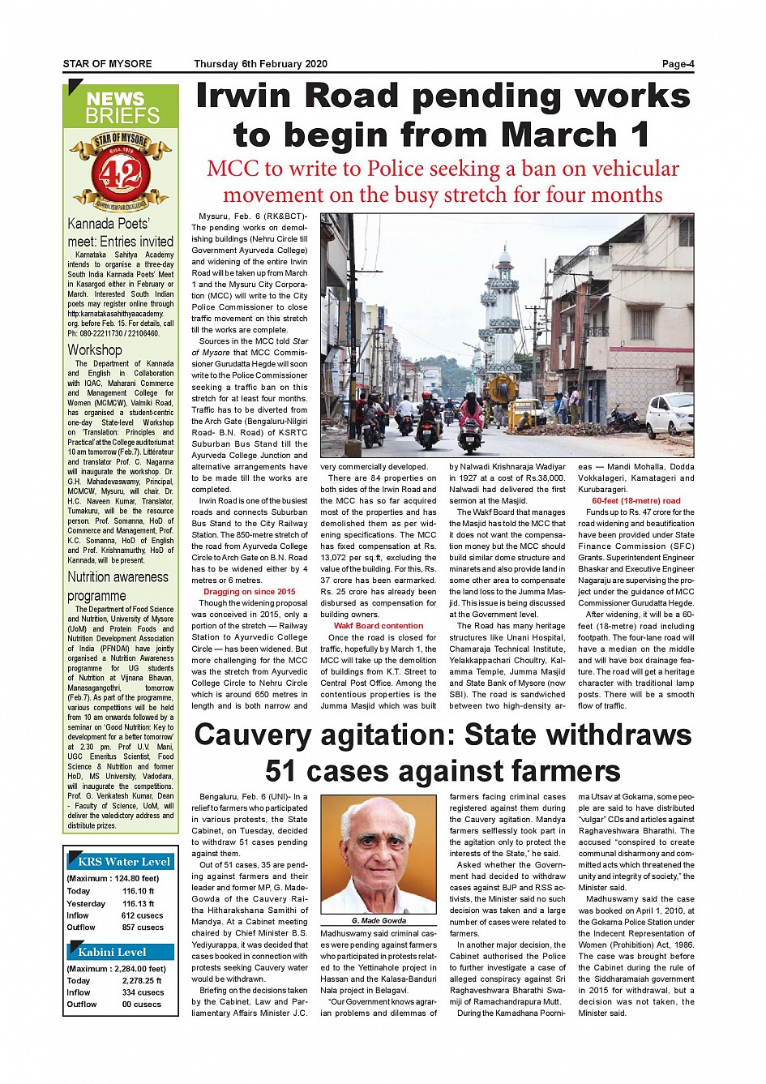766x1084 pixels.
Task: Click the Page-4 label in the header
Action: click(x=678, y=64)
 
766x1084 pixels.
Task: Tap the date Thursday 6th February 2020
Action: click(x=260, y=64)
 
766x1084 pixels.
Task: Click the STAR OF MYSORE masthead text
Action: click(x=108, y=64)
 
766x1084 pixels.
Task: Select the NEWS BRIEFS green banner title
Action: click(x=122, y=107)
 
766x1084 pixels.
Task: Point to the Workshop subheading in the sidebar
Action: click(x=95, y=349)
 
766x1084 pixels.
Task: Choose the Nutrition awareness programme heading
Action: click(x=118, y=585)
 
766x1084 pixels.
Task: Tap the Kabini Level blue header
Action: click(x=113, y=951)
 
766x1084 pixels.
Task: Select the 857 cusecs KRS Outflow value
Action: click(x=143, y=927)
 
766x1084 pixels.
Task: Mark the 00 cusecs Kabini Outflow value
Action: click(x=143, y=1004)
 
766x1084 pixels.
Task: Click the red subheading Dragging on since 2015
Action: click(x=250, y=592)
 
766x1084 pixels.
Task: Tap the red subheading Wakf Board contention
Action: click(x=379, y=626)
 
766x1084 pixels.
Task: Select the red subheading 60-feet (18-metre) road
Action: click(x=636, y=501)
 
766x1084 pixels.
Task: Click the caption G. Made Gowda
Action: click(x=379, y=920)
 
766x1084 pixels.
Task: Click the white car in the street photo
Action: click(x=670, y=414)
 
